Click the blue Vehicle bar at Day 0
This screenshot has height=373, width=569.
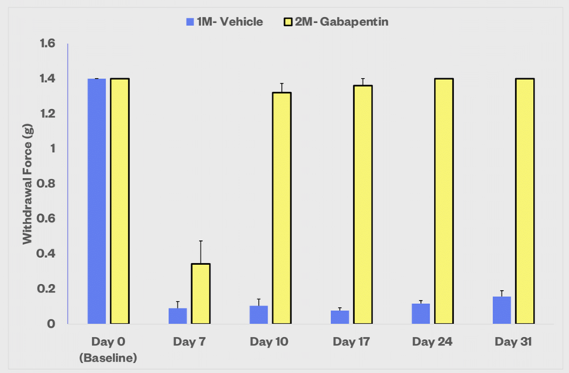(x=96, y=200)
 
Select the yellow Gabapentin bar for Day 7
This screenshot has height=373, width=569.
(x=200, y=293)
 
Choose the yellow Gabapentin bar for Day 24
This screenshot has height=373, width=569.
(x=444, y=200)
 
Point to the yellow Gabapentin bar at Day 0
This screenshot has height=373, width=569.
(x=120, y=200)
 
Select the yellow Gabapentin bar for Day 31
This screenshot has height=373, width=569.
(x=524, y=200)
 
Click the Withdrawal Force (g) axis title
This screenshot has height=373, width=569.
(x=27, y=183)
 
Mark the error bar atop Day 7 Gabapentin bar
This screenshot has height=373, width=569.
(x=200, y=252)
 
